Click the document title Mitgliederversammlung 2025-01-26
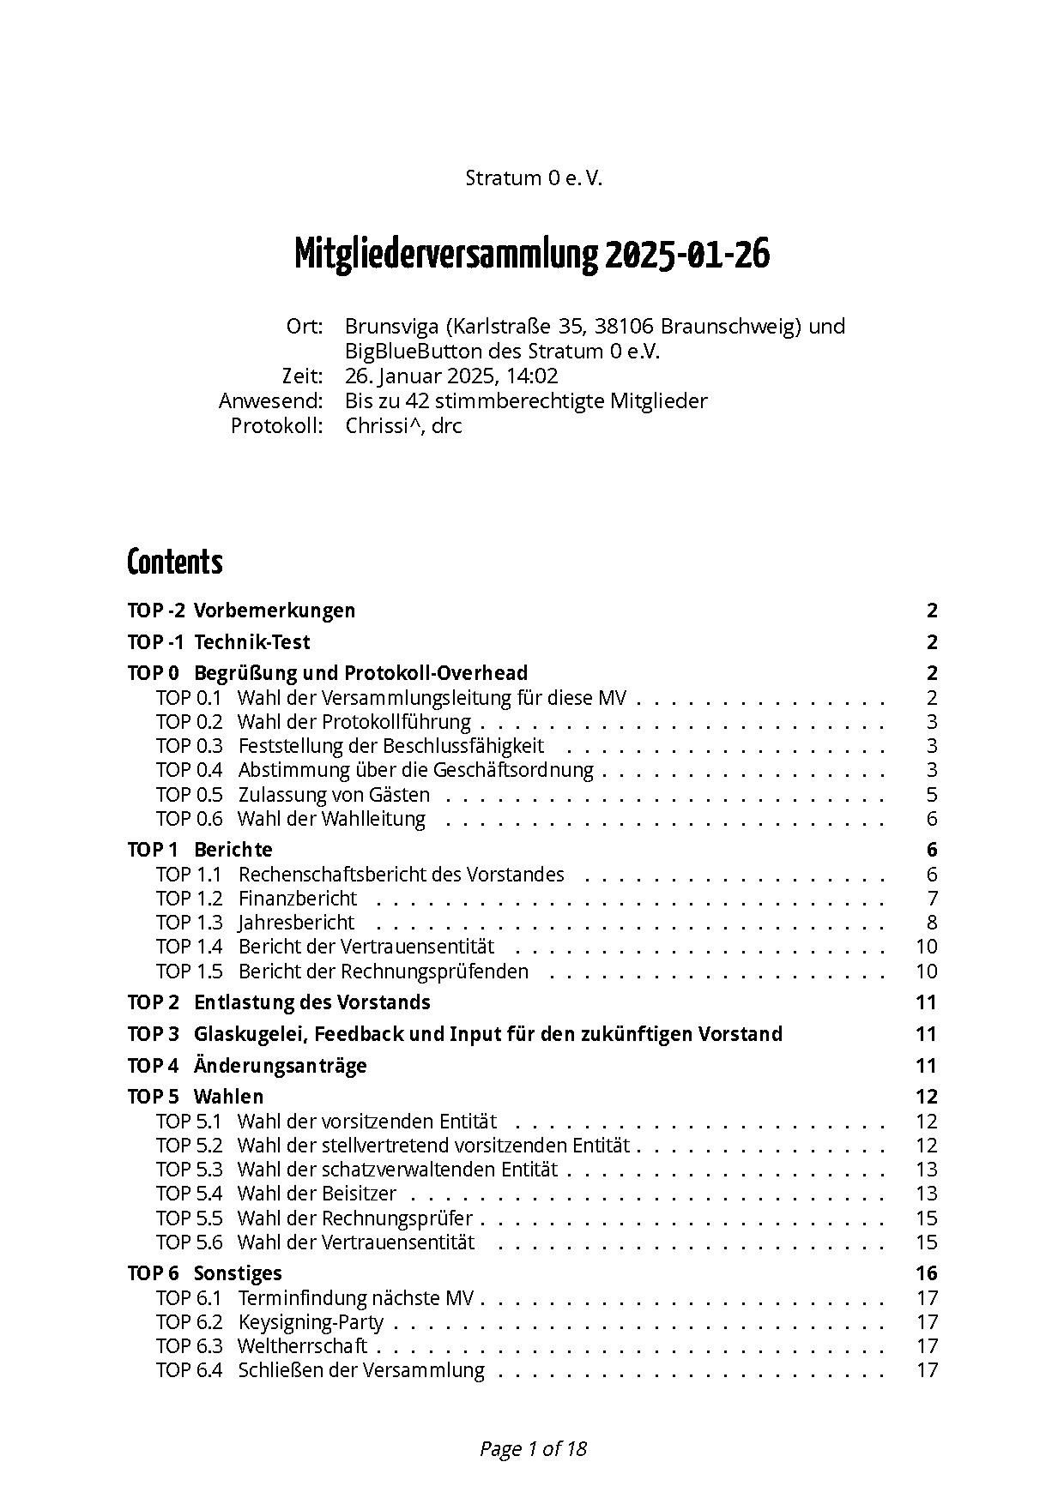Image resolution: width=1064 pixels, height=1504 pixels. [x=532, y=255]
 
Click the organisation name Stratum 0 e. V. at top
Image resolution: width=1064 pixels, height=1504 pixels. [x=534, y=178]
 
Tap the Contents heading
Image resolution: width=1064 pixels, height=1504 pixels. [x=174, y=562]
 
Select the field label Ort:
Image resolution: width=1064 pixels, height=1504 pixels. [x=305, y=327]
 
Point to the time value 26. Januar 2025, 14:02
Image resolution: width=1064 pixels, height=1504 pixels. [x=451, y=376]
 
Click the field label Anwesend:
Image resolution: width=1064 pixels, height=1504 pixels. [x=270, y=401]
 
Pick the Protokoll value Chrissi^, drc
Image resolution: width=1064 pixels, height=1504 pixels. [x=403, y=426]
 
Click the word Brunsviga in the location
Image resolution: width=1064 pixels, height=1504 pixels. [x=392, y=327]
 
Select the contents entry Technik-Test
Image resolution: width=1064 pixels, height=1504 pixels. [x=251, y=642]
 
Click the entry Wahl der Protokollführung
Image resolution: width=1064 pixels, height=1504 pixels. [x=354, y=722]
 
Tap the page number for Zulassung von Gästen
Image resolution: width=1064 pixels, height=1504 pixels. [x=932, y=795]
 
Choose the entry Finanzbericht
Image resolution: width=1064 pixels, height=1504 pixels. [x=297, y=899]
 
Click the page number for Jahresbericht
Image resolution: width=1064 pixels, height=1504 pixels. [x=932, y=923]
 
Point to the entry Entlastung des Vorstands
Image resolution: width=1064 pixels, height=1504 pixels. [x=311, y=1002]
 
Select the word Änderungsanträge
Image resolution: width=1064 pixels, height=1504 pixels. [x=280, y=1066]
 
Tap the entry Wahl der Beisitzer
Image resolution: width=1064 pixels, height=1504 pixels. [x=317, y=1194]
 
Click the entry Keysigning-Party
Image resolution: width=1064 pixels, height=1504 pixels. [x=311, y=1322]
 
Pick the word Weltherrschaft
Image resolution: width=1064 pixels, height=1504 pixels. [x=302, y=1346]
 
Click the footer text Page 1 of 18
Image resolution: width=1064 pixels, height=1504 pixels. [x=533, y=1449]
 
